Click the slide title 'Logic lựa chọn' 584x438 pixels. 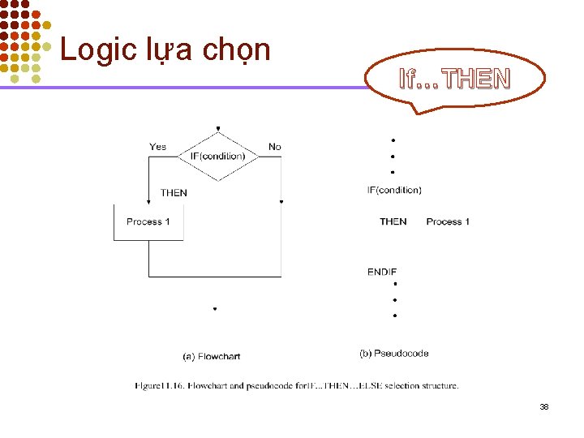point(165,49)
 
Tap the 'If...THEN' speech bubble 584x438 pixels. point(455,79)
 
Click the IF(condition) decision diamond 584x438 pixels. point(217,156)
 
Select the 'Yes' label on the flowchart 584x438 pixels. point(157,147)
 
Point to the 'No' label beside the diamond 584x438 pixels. point(275,147)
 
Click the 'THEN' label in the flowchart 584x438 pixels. point(174,193)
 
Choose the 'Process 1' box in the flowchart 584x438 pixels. point(148,222)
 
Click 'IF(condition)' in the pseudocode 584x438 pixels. point(394,191)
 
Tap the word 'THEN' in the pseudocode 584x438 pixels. point(393,221)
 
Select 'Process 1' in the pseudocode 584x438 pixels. point(448,221)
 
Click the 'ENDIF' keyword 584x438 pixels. point(382,272)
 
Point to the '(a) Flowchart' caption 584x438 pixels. point(211,356)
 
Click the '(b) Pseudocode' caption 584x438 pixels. point(394,354)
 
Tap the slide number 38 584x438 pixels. point(544,406)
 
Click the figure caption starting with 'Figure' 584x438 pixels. point(297,386)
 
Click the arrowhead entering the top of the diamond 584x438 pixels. point(217,129)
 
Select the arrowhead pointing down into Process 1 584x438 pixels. point(148,200)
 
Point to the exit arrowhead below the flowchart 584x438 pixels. point(215,308)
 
